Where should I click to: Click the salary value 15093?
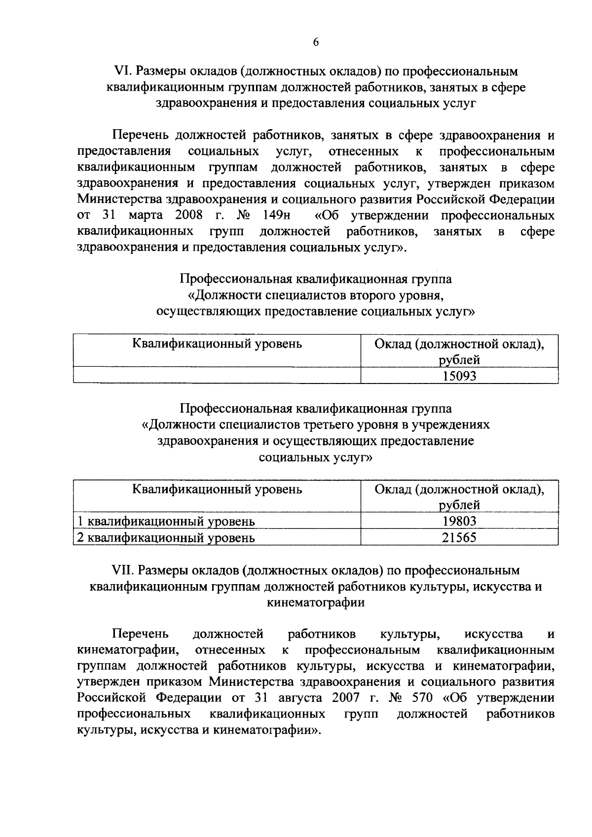pyautogui.click(x=459, y=377)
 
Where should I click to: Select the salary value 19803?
pyautogui.click(x=459, y=521)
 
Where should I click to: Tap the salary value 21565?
pyautogui.click(x=459, y=537)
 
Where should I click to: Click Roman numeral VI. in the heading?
pyautogui.click(x=121, y=71)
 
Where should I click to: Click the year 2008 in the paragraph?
pyautogui.click(x=189, y=216)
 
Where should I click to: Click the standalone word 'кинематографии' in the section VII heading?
pyautogui.click(x=316, y=602)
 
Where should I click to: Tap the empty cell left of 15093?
pyautogui.click(x=217, y=377)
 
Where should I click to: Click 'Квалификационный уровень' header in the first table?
pyautogui.click(x=217, y=344)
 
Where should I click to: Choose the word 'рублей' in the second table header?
pyautogui.click(x=459, y=505)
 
